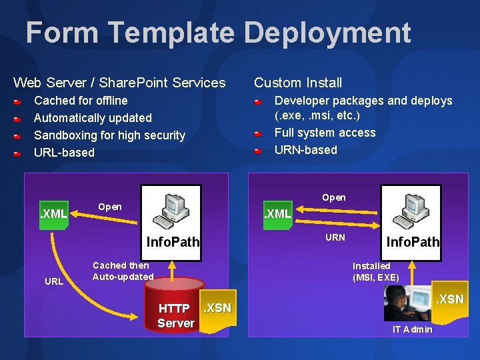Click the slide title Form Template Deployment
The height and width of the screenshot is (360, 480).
pyautogui.click(x=218, y=33)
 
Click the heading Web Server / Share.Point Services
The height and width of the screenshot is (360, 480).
pyautogui.click(x=119, y=83)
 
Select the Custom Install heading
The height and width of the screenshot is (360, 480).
pyautogui.click(x=298, y=83)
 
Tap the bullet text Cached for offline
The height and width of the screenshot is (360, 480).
pyautogui.click(x=81, y=101)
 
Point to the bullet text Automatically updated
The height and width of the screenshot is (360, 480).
pyautogui.click(x=93, y=118)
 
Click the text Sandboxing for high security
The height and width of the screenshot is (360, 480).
pyautogui.click(x=109, y=135)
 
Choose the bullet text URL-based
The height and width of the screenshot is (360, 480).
pyautogui.click(x=64, y=153)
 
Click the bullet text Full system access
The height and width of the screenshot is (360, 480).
pyautogui.click(x=325, y=133)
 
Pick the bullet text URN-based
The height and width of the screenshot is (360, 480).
pyautogui.click(x=306, y=150)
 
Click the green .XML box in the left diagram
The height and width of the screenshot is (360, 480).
pyautogui.click(x=54, y=215)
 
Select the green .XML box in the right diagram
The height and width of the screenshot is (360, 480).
pyautogui.click(x=278, y=215)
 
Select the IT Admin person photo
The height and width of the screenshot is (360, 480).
pyautogui.click(x=407, y=304)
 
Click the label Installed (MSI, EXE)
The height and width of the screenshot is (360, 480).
pyautogui.click(x=376, y=272)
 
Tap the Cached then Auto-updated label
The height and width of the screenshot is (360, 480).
pyautogui.click(x=123, y=271)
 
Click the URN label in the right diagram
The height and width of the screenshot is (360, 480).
pyautogui.click(x=335, y=237)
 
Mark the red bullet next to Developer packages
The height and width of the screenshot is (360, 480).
pyautogui.click(x=257, y=102)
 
